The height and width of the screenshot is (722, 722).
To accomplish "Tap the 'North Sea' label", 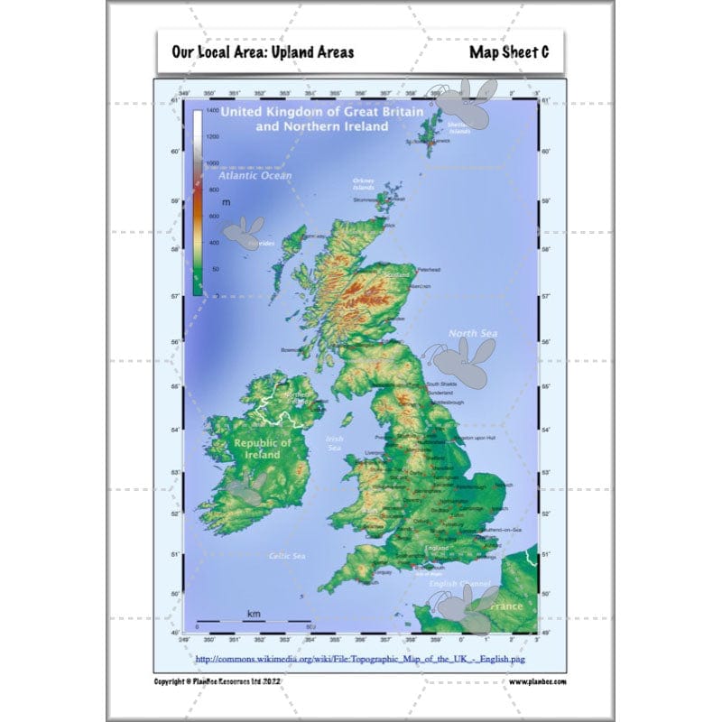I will tap(474, 334).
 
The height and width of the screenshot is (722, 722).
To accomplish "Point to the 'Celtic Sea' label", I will tap(287, 556).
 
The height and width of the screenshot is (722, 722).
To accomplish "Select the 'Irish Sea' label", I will tap(334, 443).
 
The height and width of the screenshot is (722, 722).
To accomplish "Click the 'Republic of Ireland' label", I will tap(263, 449).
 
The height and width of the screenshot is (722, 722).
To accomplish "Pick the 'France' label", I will tap(505, 606).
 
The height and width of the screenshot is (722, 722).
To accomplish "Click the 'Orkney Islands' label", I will tap(363, 183).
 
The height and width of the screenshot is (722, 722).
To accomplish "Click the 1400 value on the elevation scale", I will tap(212, 109).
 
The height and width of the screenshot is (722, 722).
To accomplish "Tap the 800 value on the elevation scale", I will tap(213, 190).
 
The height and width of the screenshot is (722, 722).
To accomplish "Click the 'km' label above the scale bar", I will tap(254, 614).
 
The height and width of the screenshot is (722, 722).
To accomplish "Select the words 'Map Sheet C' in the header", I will tap(509, 51).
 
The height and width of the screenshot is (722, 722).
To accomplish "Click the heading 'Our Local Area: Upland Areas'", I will tap(263, 51).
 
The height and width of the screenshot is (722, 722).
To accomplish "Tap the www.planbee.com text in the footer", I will tap(537, 681).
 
